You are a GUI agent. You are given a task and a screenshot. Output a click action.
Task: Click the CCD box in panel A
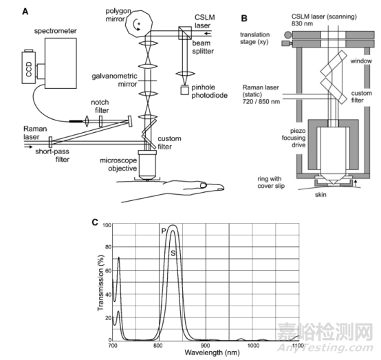(29, 67)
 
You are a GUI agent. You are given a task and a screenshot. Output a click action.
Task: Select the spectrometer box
(61, 63)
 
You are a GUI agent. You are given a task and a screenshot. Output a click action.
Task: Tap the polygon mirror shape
(139, 23)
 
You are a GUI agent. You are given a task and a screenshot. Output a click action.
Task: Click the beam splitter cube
(185, 33)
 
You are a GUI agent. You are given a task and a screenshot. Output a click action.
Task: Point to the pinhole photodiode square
(185, 90)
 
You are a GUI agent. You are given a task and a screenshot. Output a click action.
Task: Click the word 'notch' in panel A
(100, 103)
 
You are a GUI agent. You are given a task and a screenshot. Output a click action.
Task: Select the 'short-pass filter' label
(52, 156)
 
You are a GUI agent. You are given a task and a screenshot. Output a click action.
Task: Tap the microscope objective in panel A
(147, 165)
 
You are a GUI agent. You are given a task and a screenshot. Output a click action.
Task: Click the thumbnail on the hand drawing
(203, 186)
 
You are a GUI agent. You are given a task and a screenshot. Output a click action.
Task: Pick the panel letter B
(244, 19)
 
